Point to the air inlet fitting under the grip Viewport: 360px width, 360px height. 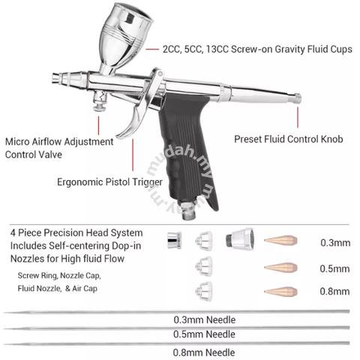pos(189,211)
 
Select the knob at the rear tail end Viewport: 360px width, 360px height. pos(297,98)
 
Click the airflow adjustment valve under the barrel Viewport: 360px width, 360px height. pos(100,101)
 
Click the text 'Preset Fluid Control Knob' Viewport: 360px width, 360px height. pos(289,139)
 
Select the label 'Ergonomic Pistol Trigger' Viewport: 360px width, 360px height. pos(109,182)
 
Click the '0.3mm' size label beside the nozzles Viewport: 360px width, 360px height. pos(335,243)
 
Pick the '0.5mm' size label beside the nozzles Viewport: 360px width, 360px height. pos(334,268)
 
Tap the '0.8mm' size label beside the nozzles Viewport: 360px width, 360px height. pos(334,291)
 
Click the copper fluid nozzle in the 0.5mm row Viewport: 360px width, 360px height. pos(280,268)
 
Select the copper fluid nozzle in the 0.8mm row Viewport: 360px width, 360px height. pos(280,292)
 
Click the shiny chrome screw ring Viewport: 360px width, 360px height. pos(174,241)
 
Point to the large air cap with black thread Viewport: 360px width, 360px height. pos(240,238)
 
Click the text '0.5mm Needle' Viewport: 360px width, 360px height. pos(204,334)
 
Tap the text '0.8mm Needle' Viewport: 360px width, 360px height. pos(204,352)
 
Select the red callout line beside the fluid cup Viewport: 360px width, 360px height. pos(152,49)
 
